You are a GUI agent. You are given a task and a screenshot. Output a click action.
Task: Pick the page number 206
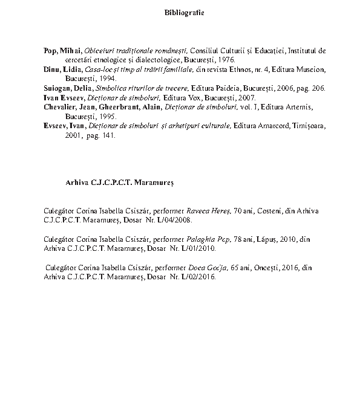coord(318,88)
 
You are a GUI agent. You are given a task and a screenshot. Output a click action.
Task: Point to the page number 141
coord(107,135)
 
